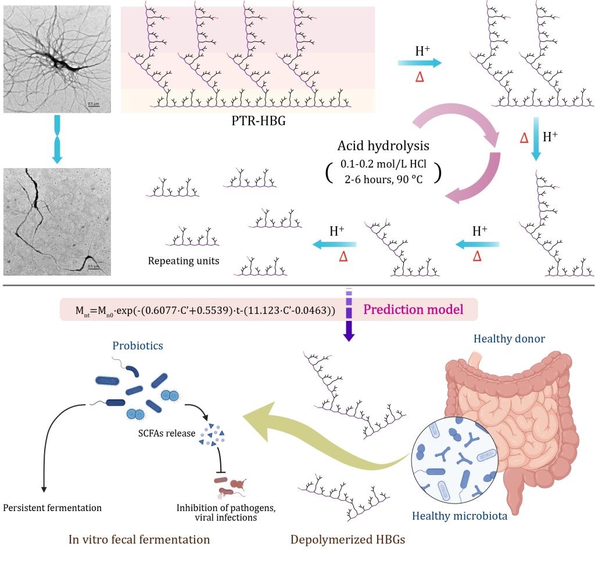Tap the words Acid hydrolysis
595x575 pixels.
tap(383, 145)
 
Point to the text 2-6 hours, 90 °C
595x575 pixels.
tap(383, 179)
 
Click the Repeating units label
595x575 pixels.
tap(184, 261)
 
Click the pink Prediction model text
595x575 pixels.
tap(413, 309)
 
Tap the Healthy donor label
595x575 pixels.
tap(509, 339)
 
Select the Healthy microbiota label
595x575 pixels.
tap(460, 515)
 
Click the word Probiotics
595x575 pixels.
tap(138, 345)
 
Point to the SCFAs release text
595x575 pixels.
tap(167, 433)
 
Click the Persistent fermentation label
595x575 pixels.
tap(52, 508)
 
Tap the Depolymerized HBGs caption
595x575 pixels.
tap(347, 540)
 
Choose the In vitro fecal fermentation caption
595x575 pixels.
tap(139, 540)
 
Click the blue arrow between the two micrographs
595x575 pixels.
tap(57, 140)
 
